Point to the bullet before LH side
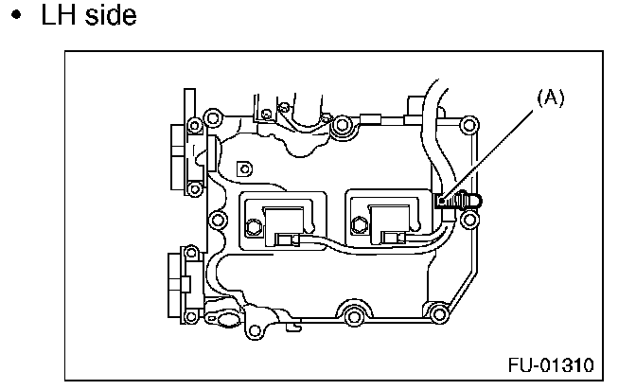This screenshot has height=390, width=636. [18, 19]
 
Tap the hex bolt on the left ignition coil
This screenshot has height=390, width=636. [253, 227]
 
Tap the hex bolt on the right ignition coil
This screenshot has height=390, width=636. [361, 225]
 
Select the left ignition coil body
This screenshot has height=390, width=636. [288, 220]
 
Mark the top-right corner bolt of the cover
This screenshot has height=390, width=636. [465, 123]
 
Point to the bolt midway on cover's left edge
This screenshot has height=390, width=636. [217, 222]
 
